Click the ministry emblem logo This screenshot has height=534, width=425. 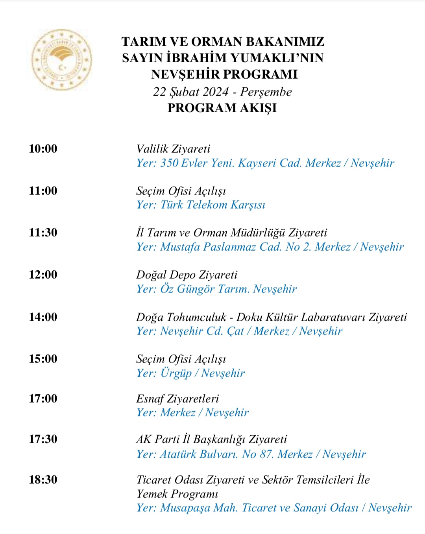pos(62,60)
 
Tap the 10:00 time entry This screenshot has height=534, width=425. pos(43,149)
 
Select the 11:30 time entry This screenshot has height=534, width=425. pos(43,233)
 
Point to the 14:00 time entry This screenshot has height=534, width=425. pos(43,317)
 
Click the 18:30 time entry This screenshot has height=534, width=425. pos(43,480)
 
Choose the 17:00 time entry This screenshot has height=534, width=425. pos(43,399)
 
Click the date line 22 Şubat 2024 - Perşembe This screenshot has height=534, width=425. pos(222,92)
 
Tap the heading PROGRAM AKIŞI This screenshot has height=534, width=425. pos(222,108)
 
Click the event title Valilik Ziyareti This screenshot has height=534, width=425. pos(173,149)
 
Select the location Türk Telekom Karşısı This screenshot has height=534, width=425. pos(213,205)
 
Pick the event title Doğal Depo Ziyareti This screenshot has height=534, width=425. pos(187,275)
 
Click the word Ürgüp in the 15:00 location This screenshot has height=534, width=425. pos(176,373)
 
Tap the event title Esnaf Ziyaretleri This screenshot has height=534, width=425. pos(177,399)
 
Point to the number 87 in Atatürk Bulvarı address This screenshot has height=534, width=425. pos(266,454)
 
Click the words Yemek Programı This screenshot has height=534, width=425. pos(177,494)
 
